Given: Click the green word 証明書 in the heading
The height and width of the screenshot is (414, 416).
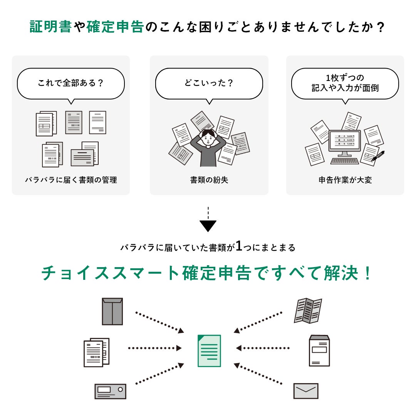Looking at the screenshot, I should click(50, 27).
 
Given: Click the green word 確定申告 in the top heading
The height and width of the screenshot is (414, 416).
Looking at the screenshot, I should click(115, 27).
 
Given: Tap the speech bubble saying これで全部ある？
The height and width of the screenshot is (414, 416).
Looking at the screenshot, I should click(71, 83).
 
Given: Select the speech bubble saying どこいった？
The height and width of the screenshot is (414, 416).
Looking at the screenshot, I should click(209, 83).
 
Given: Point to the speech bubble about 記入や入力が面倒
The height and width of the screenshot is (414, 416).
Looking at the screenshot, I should click(345, 83).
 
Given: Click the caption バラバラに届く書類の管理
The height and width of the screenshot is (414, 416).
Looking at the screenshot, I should click(71, 180).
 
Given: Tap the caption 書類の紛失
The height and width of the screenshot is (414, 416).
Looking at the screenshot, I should click(209, 180).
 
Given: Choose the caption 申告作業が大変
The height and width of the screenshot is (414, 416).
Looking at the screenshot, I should click(345, 180).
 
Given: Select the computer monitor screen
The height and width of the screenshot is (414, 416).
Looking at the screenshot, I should click(344, 141).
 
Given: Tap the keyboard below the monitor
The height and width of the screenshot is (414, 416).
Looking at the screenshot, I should click(344, 161).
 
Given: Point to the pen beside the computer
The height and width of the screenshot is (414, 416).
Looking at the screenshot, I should click(378, 156).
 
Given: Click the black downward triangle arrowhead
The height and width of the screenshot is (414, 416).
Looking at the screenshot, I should click(208, 226).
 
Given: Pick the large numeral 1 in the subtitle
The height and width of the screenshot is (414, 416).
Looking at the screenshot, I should click(239, 246).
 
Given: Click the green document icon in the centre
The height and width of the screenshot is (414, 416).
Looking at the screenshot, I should click(209, 350).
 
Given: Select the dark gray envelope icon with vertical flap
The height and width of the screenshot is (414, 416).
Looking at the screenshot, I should click(112, 311).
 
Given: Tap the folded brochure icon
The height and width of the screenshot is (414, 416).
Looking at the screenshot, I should click(308, 310).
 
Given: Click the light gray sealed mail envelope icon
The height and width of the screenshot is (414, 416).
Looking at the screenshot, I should click(306, 391).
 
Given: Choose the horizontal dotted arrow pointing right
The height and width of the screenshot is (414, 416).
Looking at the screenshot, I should click(154, 348).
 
